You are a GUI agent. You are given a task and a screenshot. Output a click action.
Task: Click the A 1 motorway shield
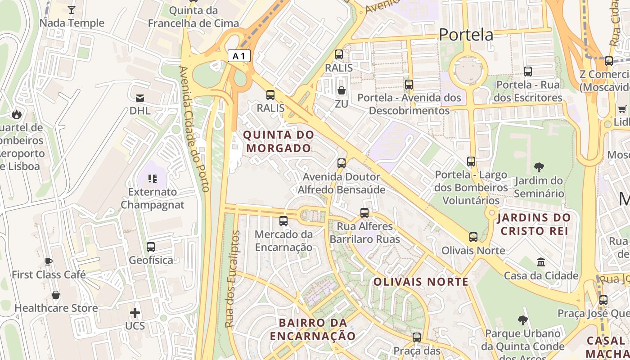point(239,56)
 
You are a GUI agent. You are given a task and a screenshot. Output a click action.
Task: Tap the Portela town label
point(466,35)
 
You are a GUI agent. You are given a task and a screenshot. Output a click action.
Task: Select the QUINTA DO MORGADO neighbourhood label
point(278,141)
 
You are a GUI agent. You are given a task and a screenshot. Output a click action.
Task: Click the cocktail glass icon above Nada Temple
point(71,9)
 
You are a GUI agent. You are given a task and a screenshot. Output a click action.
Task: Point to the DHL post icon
point(139,98)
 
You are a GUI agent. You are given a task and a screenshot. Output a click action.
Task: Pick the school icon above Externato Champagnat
point(153,179)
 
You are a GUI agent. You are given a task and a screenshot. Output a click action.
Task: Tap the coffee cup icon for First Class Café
point(49,261)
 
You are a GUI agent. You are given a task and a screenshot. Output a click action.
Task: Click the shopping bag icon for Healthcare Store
point(56,295)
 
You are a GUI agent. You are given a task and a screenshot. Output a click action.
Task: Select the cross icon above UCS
point(135,312)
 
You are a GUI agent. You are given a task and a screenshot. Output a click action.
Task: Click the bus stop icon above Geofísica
point(151,247)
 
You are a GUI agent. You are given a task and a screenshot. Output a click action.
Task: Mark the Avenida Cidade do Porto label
point(194,129)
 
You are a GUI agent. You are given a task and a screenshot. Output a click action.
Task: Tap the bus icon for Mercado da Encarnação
point(283,221)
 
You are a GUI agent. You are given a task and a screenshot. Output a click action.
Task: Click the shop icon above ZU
point(342,91)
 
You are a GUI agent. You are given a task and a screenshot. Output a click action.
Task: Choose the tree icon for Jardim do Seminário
point(539,167)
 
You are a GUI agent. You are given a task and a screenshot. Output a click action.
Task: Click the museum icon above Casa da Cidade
point(541,262)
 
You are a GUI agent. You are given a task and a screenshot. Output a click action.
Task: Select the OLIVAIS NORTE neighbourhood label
point(421,282)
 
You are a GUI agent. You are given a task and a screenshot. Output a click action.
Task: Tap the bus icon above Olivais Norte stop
point(473,237)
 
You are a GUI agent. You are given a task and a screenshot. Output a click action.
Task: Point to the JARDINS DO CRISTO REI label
point(534,225)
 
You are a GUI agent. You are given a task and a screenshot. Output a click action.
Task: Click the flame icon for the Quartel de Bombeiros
point(17,114)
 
